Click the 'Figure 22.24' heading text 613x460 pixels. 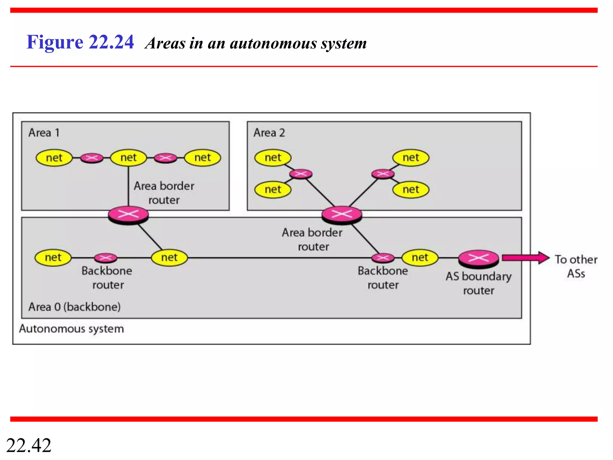[80, 42]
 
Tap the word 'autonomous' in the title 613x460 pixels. [273, 44]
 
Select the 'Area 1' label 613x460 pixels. [44, 133]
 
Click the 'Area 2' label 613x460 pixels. [269, 133]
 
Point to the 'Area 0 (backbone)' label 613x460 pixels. [75, 307]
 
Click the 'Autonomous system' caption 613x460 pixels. [71, 329]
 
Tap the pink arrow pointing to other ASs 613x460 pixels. [525, 258]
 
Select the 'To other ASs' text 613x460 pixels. [576, 266]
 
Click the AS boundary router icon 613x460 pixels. [478, 258]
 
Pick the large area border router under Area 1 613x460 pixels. [128, 214]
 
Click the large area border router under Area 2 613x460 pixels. [342, 214]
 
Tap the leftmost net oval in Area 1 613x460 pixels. [54, 158]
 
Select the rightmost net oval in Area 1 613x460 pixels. [203, 158]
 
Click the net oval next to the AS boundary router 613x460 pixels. [420, 258]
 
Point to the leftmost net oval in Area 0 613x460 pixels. [53, 258]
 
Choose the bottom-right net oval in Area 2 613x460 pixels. [411, 190]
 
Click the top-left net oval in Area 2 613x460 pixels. [273, 158]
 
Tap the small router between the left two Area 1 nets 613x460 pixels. [92, 158]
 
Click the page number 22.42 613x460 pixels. [29, 445]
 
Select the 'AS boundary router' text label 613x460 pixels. [478, 283]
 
